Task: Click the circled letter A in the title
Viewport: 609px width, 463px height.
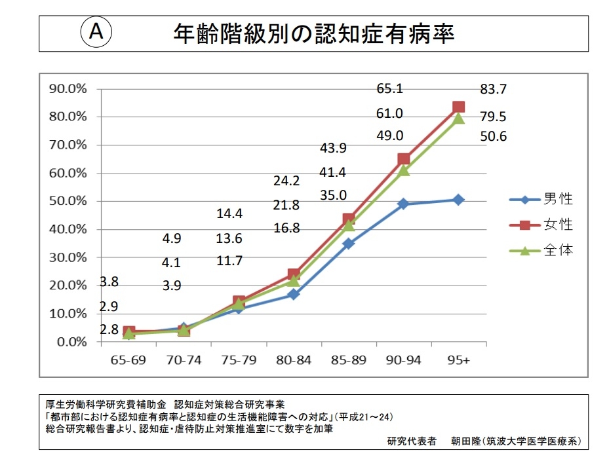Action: click(96, 32)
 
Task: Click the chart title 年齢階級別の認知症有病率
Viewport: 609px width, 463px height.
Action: click(314, 33)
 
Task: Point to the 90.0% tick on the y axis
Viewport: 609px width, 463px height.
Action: click(68, 88)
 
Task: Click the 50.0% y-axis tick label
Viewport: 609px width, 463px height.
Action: click(68, 201)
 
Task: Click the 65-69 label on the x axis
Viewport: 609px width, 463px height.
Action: click(129, 360)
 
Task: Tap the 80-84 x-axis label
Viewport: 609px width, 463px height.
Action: click(293, 360)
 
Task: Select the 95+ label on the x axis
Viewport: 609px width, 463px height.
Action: click(458, 360)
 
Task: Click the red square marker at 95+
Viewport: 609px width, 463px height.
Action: click(458, 107)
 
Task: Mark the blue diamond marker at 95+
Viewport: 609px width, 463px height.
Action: click(458, 200)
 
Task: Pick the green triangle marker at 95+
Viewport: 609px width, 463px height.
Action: click(458, 119)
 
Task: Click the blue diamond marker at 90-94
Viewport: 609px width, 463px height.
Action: click(403, 204)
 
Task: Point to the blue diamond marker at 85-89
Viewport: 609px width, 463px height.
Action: click(349, 243)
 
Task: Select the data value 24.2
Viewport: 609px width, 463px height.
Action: click(286, 181)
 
